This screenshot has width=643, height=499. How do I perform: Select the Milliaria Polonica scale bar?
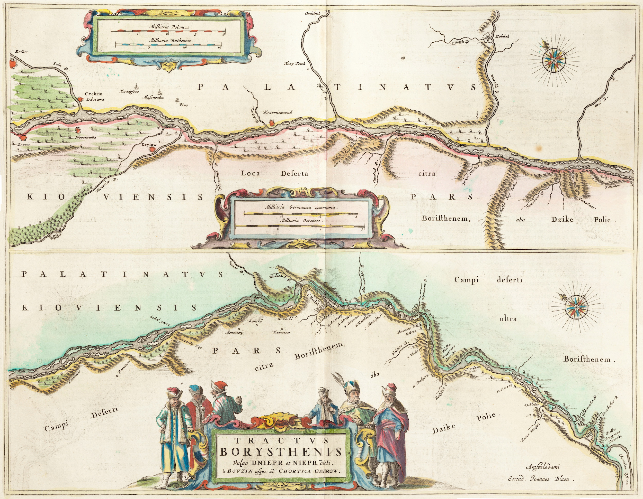168,31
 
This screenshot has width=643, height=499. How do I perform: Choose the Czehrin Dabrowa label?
94,97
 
